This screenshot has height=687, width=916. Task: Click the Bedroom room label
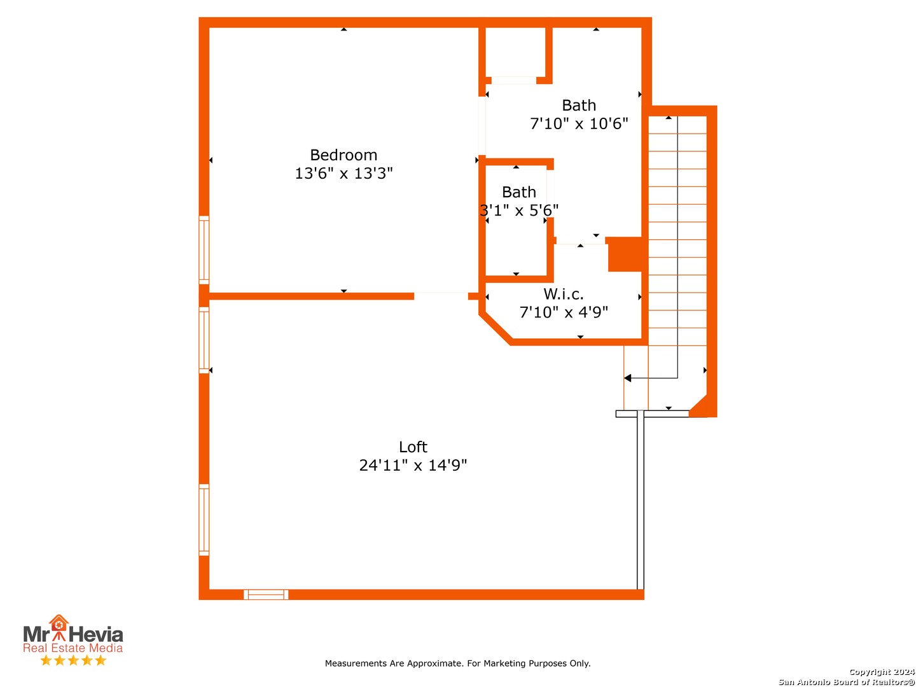[x=343, y=155]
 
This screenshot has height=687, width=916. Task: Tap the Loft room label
[x=413, y=447]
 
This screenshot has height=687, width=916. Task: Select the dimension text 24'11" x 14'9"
[x=413, y=465]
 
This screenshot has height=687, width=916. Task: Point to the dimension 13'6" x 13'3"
[x=343, y=173]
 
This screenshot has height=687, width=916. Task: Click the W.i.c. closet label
[x=564, y=294]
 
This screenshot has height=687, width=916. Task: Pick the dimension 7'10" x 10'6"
[x=579, y=123]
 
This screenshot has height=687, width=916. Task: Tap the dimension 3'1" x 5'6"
[x=518, y=210]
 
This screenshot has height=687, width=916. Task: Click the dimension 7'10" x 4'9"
[x=564, y=312]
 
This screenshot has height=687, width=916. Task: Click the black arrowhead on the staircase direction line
[x=627, y=378]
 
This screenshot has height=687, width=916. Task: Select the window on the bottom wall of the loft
[x=266, y=594]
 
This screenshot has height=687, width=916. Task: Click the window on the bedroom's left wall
[x=204, y=250]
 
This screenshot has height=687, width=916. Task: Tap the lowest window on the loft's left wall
[x=204, y=520]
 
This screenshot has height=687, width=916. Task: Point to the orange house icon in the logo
[x=59, y=623]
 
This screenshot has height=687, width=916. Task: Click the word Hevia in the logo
[x=96, y=635]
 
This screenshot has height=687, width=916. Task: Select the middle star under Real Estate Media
[x=73, y=660]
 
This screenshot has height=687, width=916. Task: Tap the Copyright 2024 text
[x=882, y=672]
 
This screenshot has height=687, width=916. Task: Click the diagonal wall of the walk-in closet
[x=496, y=329]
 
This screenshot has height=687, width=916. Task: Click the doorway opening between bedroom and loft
[x=441, y=296]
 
